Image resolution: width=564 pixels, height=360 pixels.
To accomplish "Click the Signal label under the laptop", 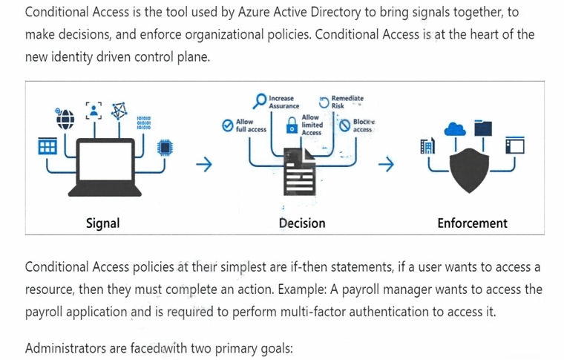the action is click(102, 223).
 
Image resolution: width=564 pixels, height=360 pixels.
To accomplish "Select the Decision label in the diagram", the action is click(302, 223).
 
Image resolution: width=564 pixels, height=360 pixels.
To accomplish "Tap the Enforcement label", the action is click(472, 223).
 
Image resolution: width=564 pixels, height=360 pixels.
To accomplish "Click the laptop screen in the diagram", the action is click(105, 161).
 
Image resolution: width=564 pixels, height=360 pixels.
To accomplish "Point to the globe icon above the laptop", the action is click(65, 119).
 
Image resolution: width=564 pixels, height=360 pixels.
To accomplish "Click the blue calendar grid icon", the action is click(47, 146).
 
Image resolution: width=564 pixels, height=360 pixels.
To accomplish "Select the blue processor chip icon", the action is click(165, 147).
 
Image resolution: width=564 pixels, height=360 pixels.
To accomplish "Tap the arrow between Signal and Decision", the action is click(204, 164).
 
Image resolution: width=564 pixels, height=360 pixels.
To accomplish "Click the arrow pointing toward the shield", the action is click(386, 164).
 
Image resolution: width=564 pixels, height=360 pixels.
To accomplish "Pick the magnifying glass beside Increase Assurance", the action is click(259, 101).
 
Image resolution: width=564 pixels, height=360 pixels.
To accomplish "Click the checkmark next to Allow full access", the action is click(228, 125).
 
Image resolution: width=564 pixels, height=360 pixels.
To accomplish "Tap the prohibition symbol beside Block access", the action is click(344, 125).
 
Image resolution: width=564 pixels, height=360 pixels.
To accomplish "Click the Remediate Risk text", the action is click(347, 102).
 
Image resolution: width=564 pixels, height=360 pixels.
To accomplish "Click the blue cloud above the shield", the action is click(456, 129).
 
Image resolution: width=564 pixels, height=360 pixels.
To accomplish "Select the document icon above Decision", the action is click(300, 172).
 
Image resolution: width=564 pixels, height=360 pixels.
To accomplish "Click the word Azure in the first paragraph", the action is click(254, 12).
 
